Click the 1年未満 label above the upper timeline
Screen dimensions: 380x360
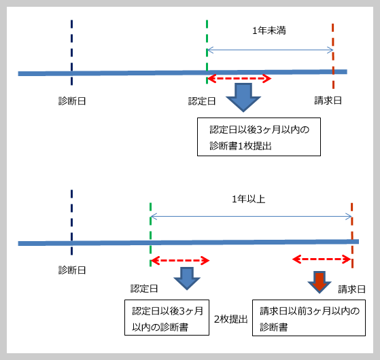coord(269,31)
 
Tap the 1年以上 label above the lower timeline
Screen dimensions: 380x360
coord(248,199)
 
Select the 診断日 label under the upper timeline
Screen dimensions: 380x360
coord(72,101)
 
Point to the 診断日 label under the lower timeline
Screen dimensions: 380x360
coord(72,270)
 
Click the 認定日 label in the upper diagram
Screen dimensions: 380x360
coord(202,101)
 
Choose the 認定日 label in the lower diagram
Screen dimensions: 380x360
coord(144,289)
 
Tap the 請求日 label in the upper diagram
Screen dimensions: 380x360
coord(328,101)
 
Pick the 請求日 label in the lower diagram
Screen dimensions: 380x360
coord(351,289)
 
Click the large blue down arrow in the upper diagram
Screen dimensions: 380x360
coord(243,97)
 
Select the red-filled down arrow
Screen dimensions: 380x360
coord(319,282)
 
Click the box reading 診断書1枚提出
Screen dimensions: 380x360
coord(259,137)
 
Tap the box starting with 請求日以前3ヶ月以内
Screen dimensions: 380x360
coord(309,318)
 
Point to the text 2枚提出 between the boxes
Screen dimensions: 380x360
coord(230,319)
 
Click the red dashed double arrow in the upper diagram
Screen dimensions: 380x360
coord(239,78)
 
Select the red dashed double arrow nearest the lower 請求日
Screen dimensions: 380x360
coord(322,259)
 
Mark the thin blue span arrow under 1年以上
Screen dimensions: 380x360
coord(251,216)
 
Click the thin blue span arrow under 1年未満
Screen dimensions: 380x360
coord(271,50)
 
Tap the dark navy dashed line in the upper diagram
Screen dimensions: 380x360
coord(72,52)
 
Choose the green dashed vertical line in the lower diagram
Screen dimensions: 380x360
coord(150,234)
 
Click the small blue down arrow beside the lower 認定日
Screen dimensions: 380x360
coord(187,278)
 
